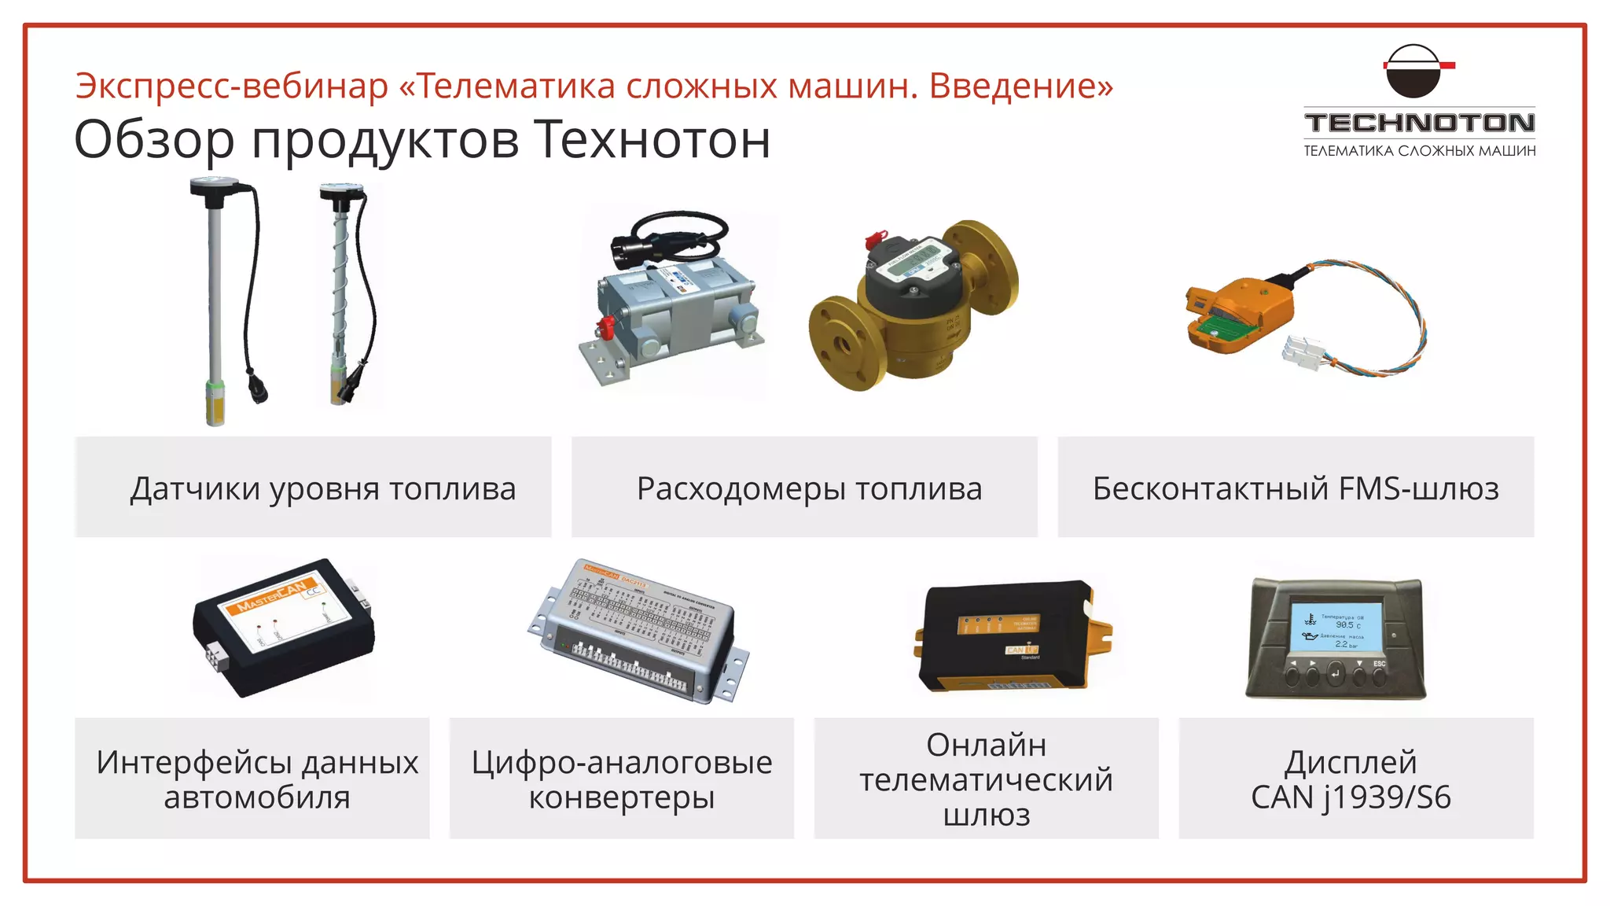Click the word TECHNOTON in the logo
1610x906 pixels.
[1419, 123]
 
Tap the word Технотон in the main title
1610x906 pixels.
[652, 140]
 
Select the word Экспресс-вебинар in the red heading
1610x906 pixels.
[232, 86]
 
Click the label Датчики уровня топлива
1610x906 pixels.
[322, 488]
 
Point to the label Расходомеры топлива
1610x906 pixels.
[809, 488]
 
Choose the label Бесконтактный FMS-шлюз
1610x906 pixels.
[1296, 488]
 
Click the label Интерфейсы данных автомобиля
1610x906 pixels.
[256, 779]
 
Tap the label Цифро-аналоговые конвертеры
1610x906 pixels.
[621, 779]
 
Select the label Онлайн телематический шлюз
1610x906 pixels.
[986, 779]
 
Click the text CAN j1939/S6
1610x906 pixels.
[1351, 797]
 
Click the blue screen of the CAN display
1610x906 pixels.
[1336, 627]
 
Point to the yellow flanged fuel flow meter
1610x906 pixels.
[912, 307]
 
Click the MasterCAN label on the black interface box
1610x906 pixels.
[271, 596]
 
